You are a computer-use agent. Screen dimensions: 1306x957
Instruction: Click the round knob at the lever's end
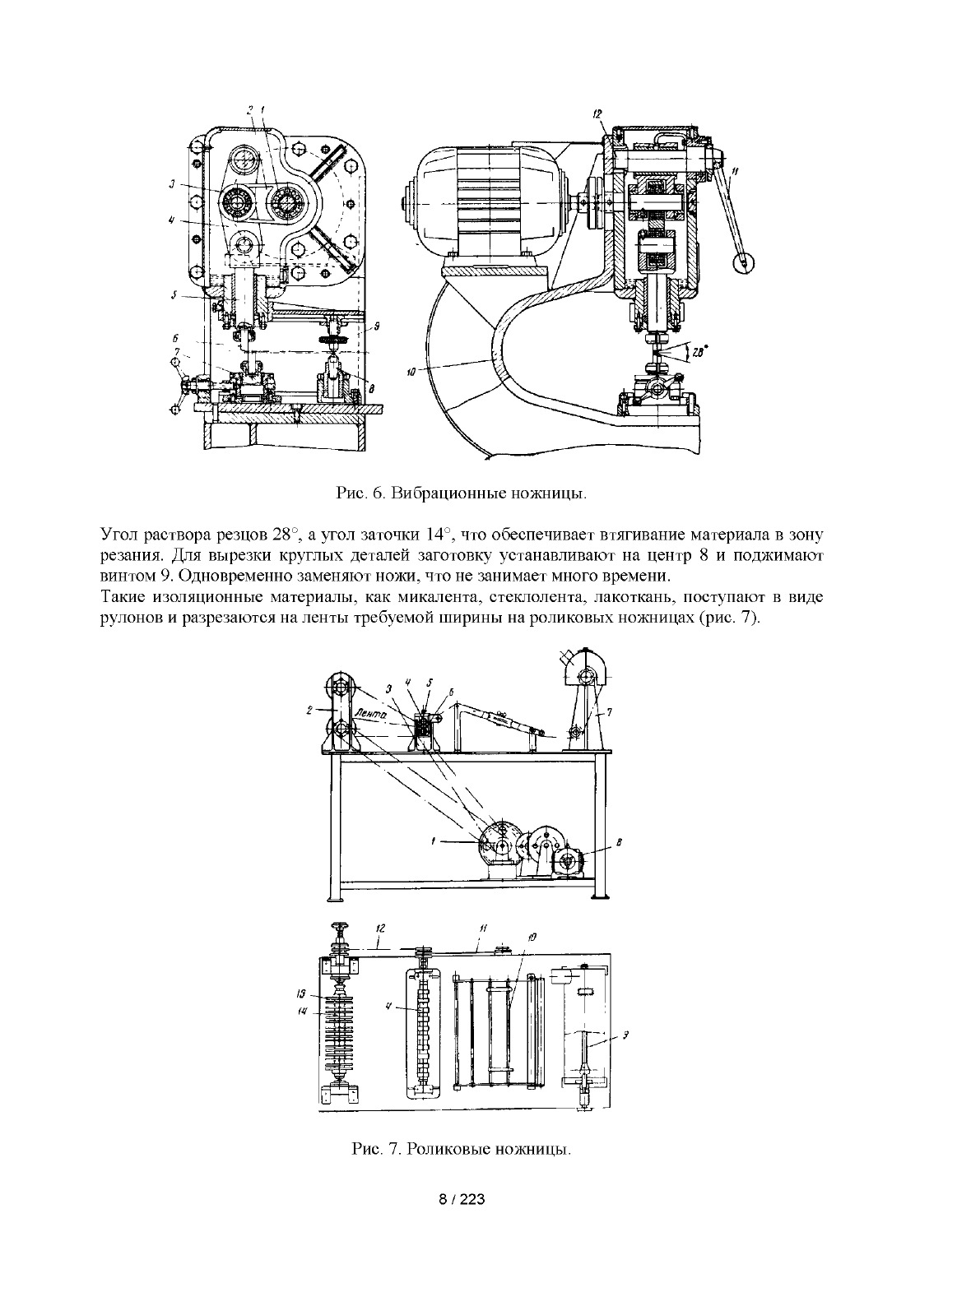pos(743,263)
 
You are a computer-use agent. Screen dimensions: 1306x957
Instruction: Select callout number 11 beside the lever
pos(736,171)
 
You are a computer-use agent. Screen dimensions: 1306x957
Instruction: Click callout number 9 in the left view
pos(376,327)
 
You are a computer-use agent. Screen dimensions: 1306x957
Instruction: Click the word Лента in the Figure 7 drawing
pos(371,716)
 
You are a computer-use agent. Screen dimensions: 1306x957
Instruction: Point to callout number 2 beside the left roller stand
pos(309,710)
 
